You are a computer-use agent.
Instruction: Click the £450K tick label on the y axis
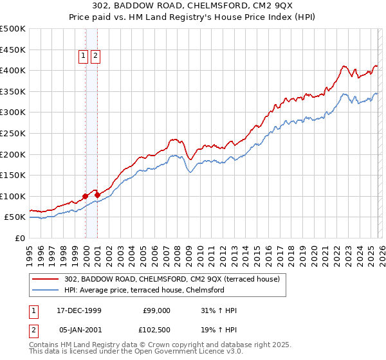pyautogui.click(x=13, y=50)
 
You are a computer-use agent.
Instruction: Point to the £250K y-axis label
pyautogui.click(x=13, y=133)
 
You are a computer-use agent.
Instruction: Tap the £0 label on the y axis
pyautogui.click(x=19, y=238)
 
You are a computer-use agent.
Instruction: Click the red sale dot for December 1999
pyautogui.click(x=86, y=196)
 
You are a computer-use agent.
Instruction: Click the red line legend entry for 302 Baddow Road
pyautogui.click(x=172, y=279)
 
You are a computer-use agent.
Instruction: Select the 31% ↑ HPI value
pyautogui.click(x=219, y=310)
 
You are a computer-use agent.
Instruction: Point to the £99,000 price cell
pyautogui.click(x=157, y=310)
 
